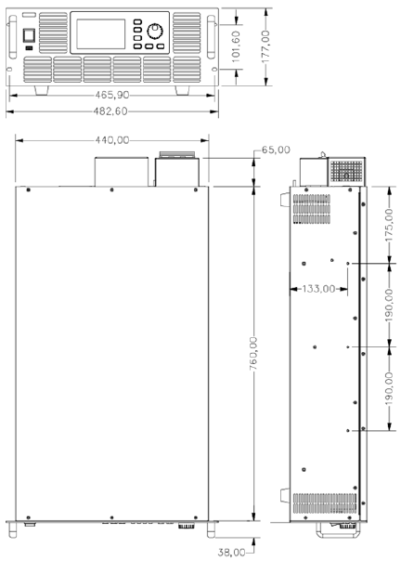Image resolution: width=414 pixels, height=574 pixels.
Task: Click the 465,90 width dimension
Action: point(112,95)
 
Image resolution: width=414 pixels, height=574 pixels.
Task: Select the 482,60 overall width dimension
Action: point(110,111)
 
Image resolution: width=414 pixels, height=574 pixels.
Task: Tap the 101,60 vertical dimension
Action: point(237,46)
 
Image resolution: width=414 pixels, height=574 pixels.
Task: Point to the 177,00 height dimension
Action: point(265,46)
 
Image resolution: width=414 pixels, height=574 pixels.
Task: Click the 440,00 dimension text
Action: point(112,140)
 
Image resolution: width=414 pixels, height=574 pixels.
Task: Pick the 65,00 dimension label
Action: point(276,150)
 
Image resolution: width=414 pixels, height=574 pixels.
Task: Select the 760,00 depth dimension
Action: point(253,353)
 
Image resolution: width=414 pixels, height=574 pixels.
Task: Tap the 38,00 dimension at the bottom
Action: point(231,552)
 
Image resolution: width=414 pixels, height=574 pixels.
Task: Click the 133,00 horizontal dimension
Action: point(318,289)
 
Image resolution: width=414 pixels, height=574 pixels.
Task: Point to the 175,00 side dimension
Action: point(389,225)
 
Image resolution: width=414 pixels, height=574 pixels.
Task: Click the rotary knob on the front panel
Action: point(155,32)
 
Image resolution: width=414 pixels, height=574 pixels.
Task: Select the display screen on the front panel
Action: point(101,34)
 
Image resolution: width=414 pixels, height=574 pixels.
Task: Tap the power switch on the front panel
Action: point(30,36)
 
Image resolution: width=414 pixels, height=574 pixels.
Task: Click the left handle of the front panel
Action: point(13,37)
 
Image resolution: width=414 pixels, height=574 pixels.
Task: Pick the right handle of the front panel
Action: point(211,37)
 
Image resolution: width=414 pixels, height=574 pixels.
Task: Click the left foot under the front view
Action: point(42,90)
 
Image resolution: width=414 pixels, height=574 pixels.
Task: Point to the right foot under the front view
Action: point(182,90)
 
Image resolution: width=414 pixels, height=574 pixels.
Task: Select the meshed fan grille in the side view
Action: point(346,171)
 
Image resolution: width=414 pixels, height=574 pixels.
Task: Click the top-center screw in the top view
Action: point(112,189)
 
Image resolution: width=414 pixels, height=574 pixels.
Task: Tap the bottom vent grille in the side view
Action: point(325,503)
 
